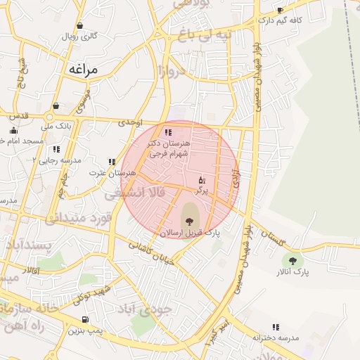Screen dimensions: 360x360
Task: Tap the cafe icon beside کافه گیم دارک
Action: (281, 11)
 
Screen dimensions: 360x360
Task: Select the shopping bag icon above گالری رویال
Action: (79, 25)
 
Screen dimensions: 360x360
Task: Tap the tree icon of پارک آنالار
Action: (292, 261)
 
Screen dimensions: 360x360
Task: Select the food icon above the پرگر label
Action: (202, 180)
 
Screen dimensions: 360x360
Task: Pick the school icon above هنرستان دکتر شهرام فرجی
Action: (167, 132)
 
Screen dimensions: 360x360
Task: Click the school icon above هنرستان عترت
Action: (111, 162)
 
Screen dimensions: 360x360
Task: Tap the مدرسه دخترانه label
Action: (276, 337)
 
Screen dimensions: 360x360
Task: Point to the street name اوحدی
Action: (130, 122)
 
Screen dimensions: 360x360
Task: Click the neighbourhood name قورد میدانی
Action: (79, 219)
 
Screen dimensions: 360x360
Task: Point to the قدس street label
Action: (19, 115)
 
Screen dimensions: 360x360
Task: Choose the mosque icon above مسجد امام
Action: (13, 130)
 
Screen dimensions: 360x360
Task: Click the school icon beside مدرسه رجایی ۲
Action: (56, 149)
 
